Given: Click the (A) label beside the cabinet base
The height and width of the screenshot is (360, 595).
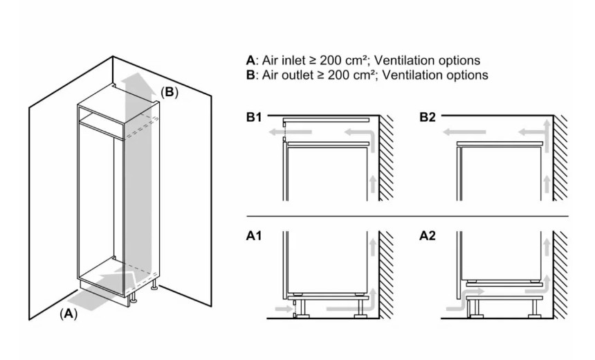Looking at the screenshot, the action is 68,314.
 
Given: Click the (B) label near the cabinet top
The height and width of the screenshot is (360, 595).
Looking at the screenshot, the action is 170,92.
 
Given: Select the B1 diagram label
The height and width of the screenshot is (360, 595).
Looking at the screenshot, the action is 254,117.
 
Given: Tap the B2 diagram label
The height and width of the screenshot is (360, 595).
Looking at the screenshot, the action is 428,117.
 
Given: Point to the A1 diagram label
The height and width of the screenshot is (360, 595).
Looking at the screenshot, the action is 254,236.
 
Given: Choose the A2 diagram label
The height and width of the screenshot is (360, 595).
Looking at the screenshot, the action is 428,236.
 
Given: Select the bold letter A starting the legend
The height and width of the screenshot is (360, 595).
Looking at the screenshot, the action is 250,60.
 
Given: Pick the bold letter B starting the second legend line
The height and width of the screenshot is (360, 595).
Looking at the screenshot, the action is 250,75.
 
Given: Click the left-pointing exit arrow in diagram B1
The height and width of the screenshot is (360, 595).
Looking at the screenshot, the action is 290,132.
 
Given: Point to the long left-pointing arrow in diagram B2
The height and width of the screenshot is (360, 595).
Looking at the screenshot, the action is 464,132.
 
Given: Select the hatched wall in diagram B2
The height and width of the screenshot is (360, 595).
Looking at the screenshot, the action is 560,158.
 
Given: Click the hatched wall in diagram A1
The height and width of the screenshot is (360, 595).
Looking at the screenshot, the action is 386,275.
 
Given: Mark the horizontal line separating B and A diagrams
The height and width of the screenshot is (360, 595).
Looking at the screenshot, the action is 408,217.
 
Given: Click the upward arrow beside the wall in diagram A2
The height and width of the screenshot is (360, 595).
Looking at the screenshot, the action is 547,248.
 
